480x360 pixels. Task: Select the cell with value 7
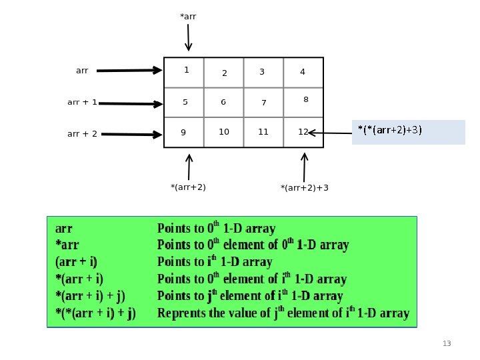(x=263, y=103)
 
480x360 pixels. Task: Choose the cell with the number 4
(x=303, y=72)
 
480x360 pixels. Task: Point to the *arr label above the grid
(x=188, y=15)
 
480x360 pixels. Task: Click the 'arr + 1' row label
(x=83, y=103)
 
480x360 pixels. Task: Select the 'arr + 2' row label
(x=83, y=134)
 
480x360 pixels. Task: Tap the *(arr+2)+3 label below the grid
(x=305, y=188)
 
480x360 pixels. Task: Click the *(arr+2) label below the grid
(x=189, y=187)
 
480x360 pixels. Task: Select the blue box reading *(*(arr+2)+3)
(x=408, y=132)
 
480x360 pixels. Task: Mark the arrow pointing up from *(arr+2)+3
(x=305, y=167)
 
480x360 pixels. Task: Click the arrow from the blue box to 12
(x=330, y=133)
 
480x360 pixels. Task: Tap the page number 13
(x=447, y=343)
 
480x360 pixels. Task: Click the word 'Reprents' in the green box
(x=181, y=313)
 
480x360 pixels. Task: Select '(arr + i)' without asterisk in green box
(x=81, y=262)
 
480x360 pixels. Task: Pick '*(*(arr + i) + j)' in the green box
(x=95, y=313)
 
